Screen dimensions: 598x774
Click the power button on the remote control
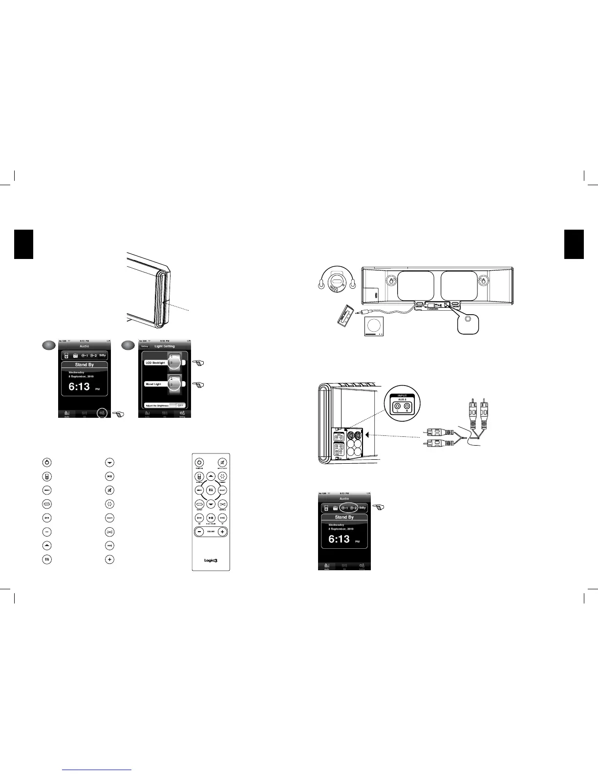(199, 462)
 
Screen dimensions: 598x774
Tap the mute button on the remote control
(222, 462)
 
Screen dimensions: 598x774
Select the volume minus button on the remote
(199, 532)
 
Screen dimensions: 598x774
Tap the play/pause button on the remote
(211, 518)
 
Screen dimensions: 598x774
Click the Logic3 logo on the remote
(211, 560)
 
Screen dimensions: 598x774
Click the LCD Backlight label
(155, 363)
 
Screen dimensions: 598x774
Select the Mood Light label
(153, 384)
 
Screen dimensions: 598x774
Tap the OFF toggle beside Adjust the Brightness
(180, 406)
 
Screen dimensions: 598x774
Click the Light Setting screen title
(165, 346)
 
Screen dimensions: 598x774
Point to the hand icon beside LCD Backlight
(198, 363)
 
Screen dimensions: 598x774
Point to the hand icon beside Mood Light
(198, 385)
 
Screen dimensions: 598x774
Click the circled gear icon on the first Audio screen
(102, 413)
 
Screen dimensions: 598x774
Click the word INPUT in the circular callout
(402, 396)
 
